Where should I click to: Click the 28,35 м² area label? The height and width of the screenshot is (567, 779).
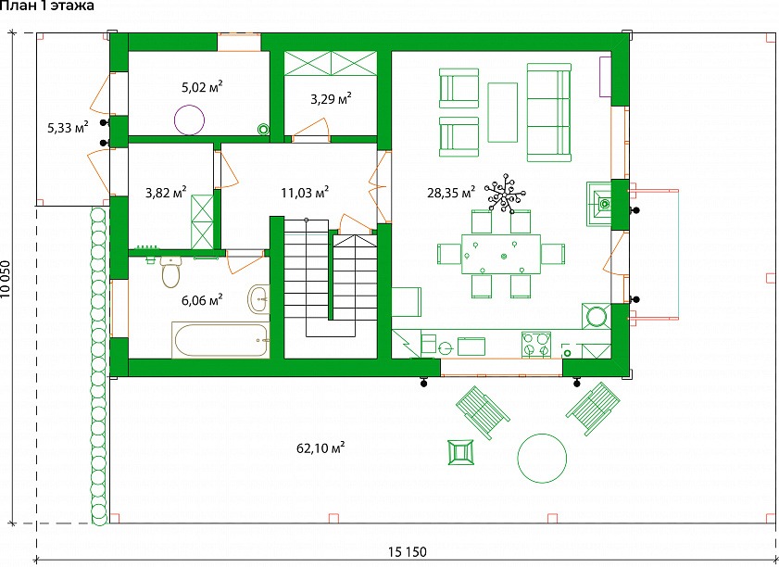[x=450, y=193]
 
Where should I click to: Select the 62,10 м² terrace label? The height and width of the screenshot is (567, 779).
[x=320, y=448]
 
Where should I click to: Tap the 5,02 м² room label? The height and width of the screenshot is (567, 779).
[x=202, y=88]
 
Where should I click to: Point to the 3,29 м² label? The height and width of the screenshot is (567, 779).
[x=331, y=99]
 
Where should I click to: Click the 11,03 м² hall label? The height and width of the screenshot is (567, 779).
[x=305, y=193]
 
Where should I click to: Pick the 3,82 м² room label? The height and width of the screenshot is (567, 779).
[x=166, y=193]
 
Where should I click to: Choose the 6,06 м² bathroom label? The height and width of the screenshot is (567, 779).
[x=202, y=300]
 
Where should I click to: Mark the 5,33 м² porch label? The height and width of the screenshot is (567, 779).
[x=68, y=128]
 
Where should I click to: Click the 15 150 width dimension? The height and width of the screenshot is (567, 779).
[x=408, y=551]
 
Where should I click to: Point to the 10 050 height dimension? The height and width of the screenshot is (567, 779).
[x=6, y=279]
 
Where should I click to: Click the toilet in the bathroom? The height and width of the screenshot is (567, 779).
[x=170, y=271]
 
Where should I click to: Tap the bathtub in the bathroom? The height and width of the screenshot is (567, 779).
[x=220, y=340]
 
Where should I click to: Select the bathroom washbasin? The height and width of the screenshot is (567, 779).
[x=258, y=299]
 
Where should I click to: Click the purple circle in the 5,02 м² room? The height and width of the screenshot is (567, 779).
[x=189, y=120]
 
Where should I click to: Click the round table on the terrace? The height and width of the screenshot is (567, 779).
[x=542, y=459]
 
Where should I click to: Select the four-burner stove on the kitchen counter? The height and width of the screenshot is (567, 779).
[x=536, y=345]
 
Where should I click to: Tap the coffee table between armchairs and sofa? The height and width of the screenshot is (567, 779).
[x=503, y=112]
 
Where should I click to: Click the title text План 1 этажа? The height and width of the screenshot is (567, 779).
[x=46, y=6]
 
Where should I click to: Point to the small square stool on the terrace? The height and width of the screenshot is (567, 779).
[x=460, y=452]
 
